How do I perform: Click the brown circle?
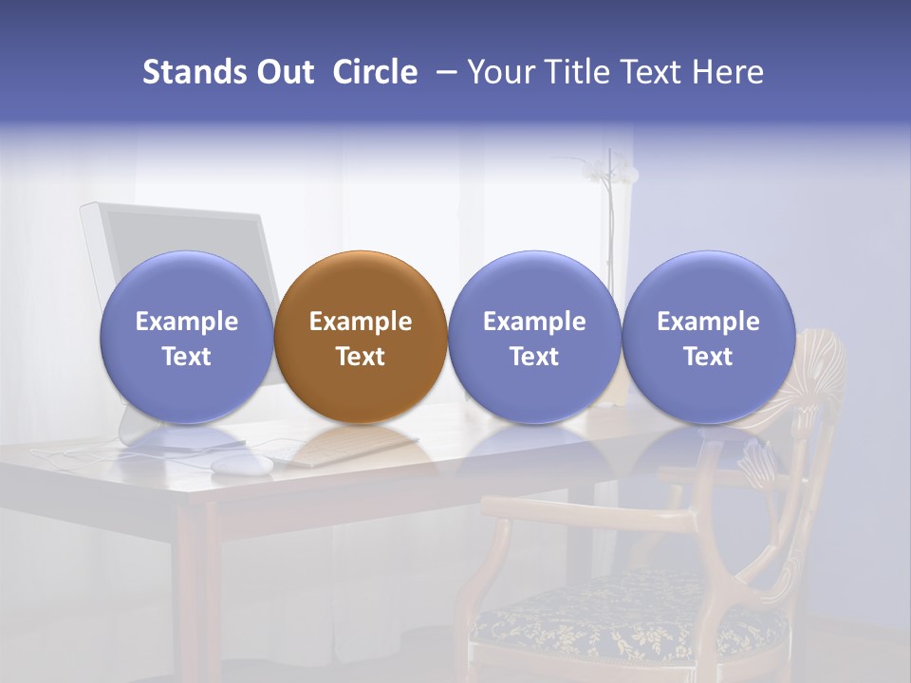tap(361, 337)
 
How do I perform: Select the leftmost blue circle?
tap(186, 337)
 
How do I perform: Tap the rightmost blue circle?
tap(708, 337)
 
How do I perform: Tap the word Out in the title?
tap(285, 72)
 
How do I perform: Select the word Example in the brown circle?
tap(361, 322)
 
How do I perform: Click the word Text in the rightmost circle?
tap(708, 357)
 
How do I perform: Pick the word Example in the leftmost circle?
tap(186, 322)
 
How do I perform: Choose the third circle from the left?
tap(534, 337)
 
